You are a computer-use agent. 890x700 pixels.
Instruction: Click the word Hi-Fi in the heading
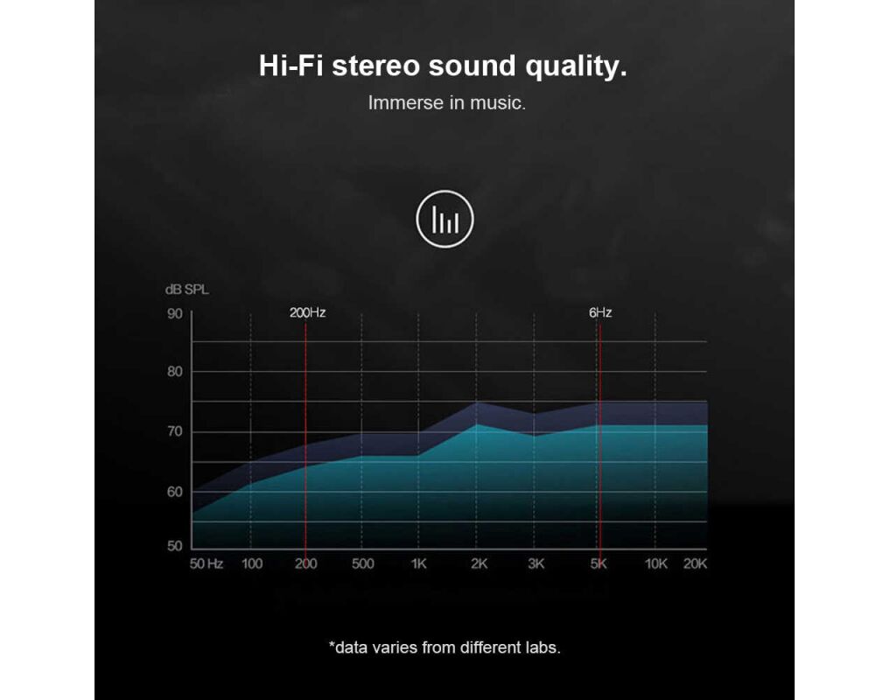pyautogui.click(x=291, y=66)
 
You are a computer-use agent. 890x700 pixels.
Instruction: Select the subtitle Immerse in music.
pyautogui.click(x=446, y=102)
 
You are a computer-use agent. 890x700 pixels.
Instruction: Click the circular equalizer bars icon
pyautogui.click(x=445, y=219)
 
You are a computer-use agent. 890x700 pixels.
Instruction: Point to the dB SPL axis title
pyautogui.click(x=186, y=290)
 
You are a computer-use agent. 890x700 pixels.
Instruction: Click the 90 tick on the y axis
pyautogui.click(x=175, y=314)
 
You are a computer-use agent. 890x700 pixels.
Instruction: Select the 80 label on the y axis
pyautogui.click(x=175, y=372)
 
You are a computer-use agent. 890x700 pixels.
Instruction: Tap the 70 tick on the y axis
pyautogui.click(x=175, y=431)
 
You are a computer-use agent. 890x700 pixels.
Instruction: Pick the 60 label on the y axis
pyautogui.click(x=175, y=492)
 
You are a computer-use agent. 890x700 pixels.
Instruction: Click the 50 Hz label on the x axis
pyautogui.click(x=206, y=563)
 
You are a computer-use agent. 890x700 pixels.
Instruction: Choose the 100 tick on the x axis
pyautogui.click(x=252, y=563)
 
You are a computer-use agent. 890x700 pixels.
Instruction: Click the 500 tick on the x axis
pyautogui.click(x=362, y=563)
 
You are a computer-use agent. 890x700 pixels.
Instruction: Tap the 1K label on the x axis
pyautogui.click(x=418, y=563)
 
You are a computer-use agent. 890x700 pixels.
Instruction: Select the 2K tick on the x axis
pyautogui.click(x=479, y=563)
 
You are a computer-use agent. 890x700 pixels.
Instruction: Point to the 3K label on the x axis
pyautogui.click(x=536, y=563)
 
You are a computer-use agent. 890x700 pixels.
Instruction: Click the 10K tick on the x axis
pyautogui.click(x=656, y=563)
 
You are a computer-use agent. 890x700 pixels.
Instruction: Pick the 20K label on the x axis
pyautogui.click(x=696, y=563)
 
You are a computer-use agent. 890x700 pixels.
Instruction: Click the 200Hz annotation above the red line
pyautogui.click(x=308, y=313)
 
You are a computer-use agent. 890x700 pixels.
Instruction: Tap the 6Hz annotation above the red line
pyautogui.click(x=600, y=313)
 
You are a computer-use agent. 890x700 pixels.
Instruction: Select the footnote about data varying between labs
pyautogui.click(x=445, y=647)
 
